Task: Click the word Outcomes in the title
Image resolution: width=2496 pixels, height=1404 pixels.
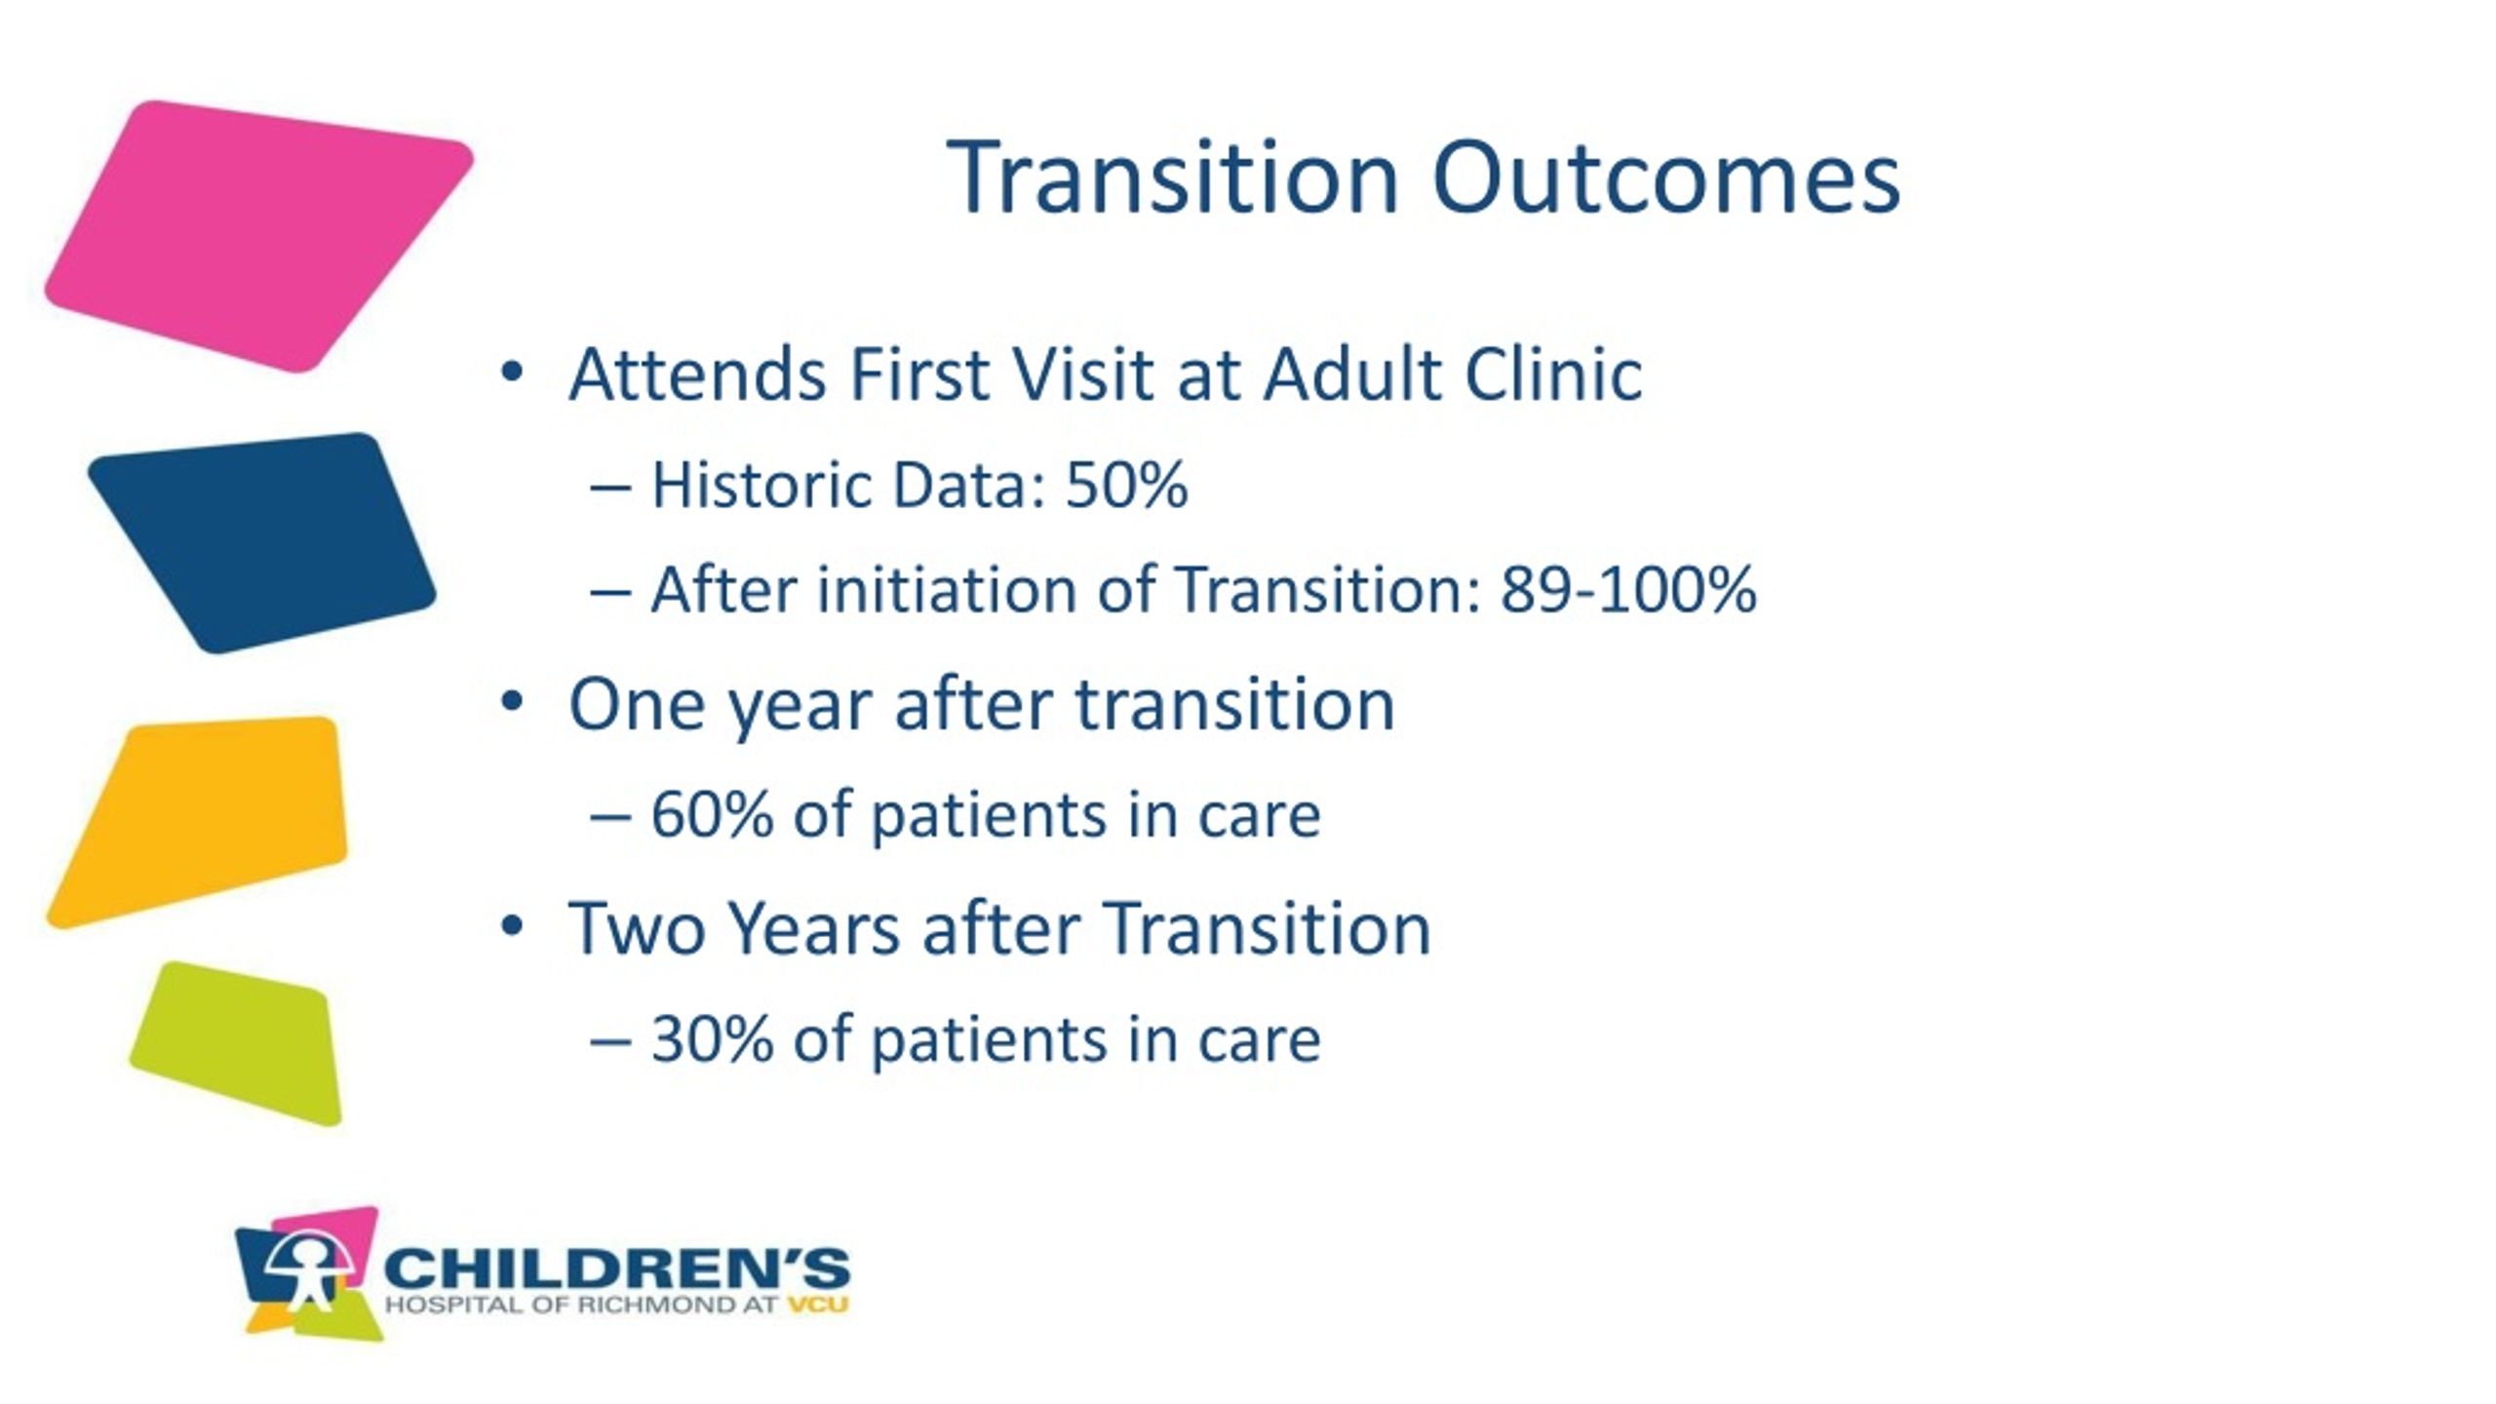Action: tap(1665, 177)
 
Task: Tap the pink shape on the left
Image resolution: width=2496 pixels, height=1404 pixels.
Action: tap(257, 236)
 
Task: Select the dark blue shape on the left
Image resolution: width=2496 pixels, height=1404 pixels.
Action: tap(261, 542)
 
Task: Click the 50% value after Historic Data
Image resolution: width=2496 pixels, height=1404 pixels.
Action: tap(1126, 485)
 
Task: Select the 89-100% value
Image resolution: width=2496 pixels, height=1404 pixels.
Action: tap(1628, 590)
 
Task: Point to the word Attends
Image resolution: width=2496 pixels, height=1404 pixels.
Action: tap(697, 373)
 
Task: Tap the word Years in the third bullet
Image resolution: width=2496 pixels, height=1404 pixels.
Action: tap(814, 928)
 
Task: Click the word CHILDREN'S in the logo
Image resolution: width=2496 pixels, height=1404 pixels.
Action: tap(617, 1269)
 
